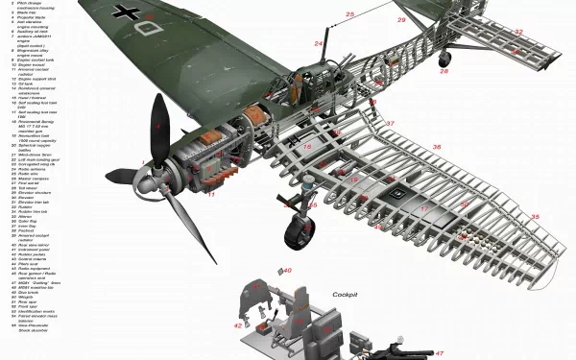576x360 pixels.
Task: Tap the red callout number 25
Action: (x=350, y=14)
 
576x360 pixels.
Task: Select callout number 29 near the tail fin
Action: (x=401, y=20)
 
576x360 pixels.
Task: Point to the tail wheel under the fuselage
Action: (x=444, y=58)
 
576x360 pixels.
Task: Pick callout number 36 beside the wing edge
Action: (x=437, y=147)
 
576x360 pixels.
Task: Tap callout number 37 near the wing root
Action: (x=390, y=124)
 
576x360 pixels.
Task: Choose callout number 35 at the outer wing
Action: (x=535, y=217)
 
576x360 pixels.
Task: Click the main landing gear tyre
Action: (x=299, y=231)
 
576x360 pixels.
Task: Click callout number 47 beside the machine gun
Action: (x=440, y=353)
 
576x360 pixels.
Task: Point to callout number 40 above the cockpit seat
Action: (x=287, y=270)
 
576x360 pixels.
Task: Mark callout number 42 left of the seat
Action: (x=237, y=326)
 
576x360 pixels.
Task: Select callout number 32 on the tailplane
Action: (x=518, y=32)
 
